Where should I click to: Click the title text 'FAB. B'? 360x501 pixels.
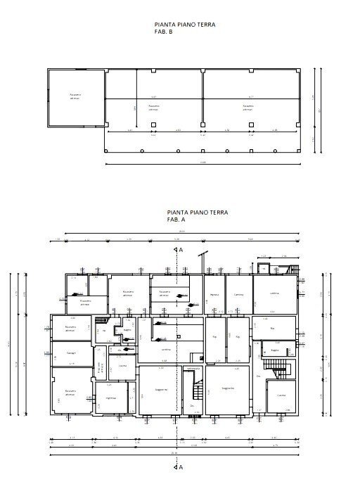click(163, 32)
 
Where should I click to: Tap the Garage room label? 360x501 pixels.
click(71, 352)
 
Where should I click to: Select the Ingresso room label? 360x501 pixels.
click(111, 398)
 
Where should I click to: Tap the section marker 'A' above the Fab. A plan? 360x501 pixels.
click(181, 250)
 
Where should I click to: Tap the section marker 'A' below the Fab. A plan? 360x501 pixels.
click(181, 466)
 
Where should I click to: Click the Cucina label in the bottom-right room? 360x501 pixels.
click(281, 395)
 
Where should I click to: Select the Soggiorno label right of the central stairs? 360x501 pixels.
click(228, 388)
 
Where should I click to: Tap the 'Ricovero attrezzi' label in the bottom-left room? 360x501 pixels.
click(70, 392)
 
